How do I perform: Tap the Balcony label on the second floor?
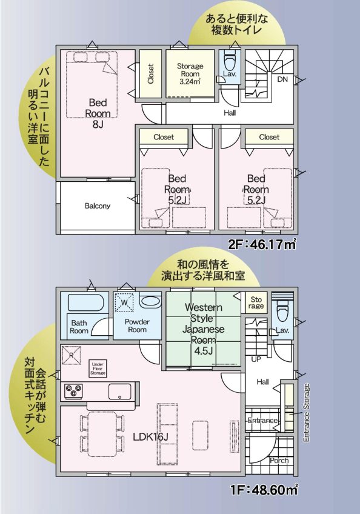pyautogui.click(x=97, y=205)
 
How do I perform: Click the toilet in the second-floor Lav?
pyautogui.click(x=229, y=62)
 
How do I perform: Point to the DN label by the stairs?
pyautogui.click(x=282, y=79)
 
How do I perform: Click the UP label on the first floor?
pyautogui.click(x=256, y=359)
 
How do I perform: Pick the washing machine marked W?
pyautogui.click(x=124, y=301)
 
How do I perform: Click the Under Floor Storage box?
pyautogui.click(x=97, y=367)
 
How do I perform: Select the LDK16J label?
pyautogui.click(x=151, y=437)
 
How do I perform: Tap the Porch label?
pyautogui.click(x=279, y=460)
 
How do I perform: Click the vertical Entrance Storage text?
pyautogui.click(x=306, y=412)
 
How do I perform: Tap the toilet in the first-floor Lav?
pyautogui.click(x=281, y=312)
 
